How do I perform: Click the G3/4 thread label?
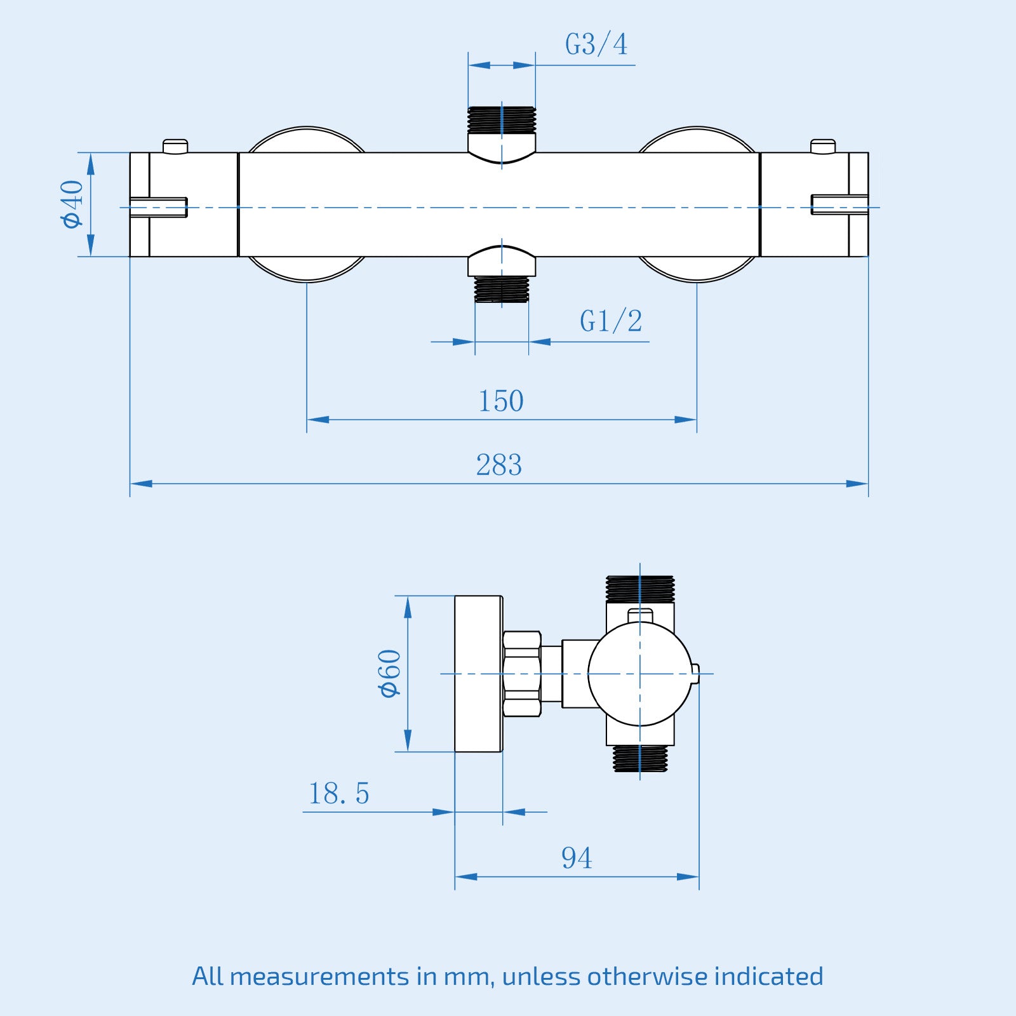coord(596,44)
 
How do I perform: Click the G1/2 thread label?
coord(610,321)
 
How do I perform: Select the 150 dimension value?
coord(500,401)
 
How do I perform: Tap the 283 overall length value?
coord(499,465)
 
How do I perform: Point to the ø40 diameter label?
coord(72,204)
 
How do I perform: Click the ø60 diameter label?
coord(390,674)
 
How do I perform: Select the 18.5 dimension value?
coord(338,794)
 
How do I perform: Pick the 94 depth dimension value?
coord(576,859)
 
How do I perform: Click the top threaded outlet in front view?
coord(502,120)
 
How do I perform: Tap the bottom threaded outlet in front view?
coord(502,289)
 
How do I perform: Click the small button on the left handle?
coord(175,146)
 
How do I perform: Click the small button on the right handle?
coord(823,146)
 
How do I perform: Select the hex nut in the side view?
coord(522,674)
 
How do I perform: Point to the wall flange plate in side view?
coord(478,674)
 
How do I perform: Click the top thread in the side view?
coord(639,589)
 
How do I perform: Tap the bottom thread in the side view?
coord(639,758)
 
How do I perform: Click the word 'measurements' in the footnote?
coord(319,976)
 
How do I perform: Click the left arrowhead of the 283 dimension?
coord(141,484)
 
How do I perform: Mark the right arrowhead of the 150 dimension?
coord(686,420)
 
